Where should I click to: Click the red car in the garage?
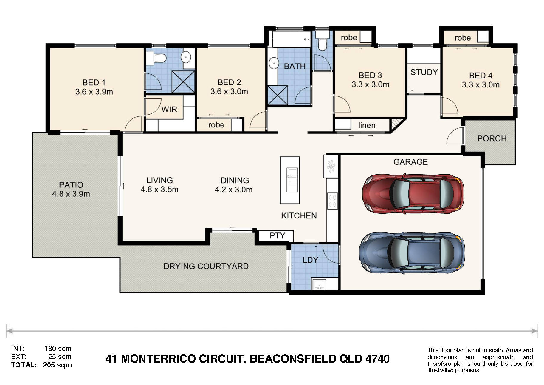[x=413, y=194]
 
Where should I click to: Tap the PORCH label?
[x=492, y=138]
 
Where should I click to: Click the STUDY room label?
[x=424, y=72]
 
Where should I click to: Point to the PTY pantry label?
[x=277, y=235]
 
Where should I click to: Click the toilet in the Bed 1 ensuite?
[x=156, y=58]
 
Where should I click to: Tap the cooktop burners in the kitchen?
[x=332, y=201]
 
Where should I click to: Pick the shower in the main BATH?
[x=278, y=95]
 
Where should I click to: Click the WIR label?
[x=169, y=109]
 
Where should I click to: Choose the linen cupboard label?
[x=367, y=125]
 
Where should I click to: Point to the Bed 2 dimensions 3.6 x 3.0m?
[x=229, y=92]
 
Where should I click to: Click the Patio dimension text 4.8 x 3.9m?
[x=71, y=194]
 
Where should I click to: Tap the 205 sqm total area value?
[x=57, y=365]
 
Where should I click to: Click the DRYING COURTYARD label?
[x=206, y=266]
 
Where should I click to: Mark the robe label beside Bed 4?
[x=463, y=38]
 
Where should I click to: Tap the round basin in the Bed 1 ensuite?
[x=186, y=56]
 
